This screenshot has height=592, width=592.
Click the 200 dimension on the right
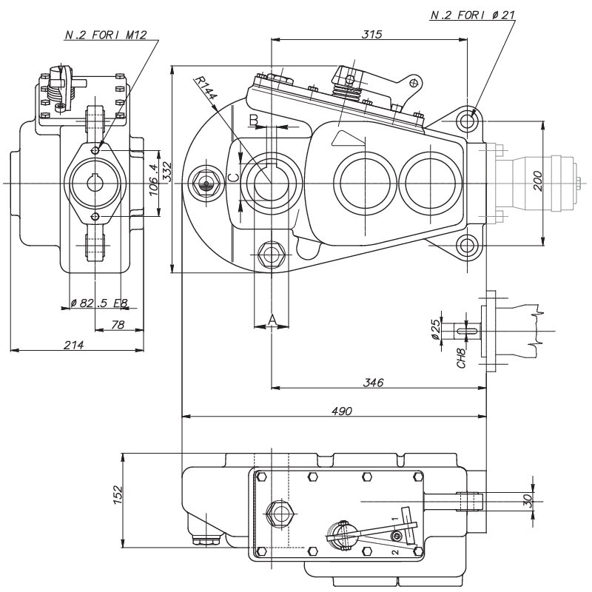point(539,181)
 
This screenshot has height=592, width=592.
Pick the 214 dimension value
point(75,345)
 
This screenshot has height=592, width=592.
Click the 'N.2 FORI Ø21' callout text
point(471,16)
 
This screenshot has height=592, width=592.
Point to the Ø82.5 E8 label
point(99,303)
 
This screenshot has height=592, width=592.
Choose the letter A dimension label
point(272,319)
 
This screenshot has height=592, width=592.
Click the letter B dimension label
point(253,118)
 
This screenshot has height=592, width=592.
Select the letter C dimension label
point(232,178)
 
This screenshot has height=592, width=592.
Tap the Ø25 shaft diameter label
point(435,329)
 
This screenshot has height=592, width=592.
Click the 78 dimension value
point(116,325)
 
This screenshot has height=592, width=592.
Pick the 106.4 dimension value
point(152,178)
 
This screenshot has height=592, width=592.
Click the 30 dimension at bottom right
point(526,501)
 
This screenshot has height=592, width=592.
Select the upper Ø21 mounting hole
point(465,120)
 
